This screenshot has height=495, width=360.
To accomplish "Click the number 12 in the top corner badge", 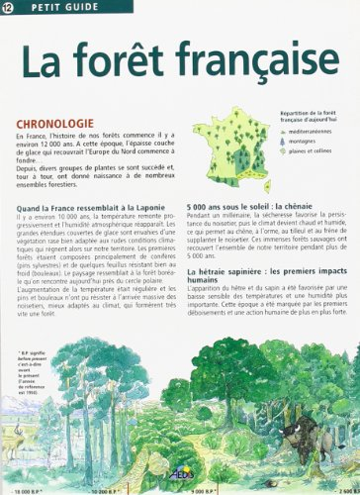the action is pyautogui.click(x=9, y=10).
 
